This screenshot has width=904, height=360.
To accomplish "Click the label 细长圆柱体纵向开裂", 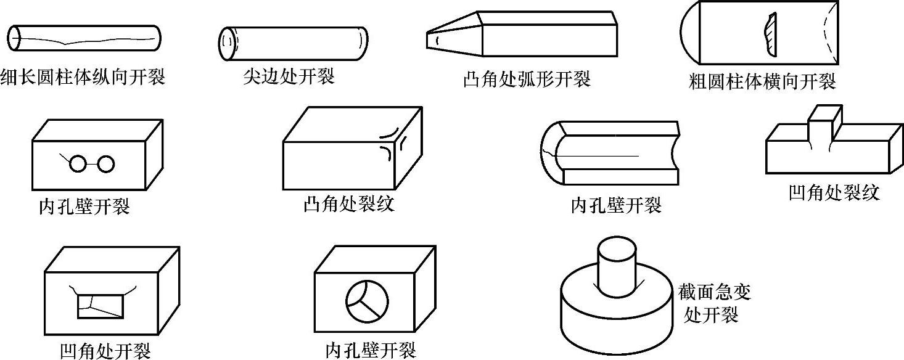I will (x=83, y=78).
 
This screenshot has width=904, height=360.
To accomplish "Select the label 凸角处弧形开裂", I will (x=527, y=79).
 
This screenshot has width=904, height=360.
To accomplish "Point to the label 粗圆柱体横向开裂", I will (x=762, y=81).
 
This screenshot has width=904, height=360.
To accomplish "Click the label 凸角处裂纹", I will (x=348, y=204).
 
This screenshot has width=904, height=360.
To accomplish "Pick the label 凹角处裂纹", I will (x=833, y=193).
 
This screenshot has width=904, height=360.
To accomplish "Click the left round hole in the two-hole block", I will (x=78, y=164).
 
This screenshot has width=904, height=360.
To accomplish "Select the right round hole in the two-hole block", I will (x=106, y=164).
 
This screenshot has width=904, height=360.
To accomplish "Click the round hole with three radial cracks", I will (x=367, y=300).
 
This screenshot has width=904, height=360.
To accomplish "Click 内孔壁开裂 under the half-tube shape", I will (x=616, y=205).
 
